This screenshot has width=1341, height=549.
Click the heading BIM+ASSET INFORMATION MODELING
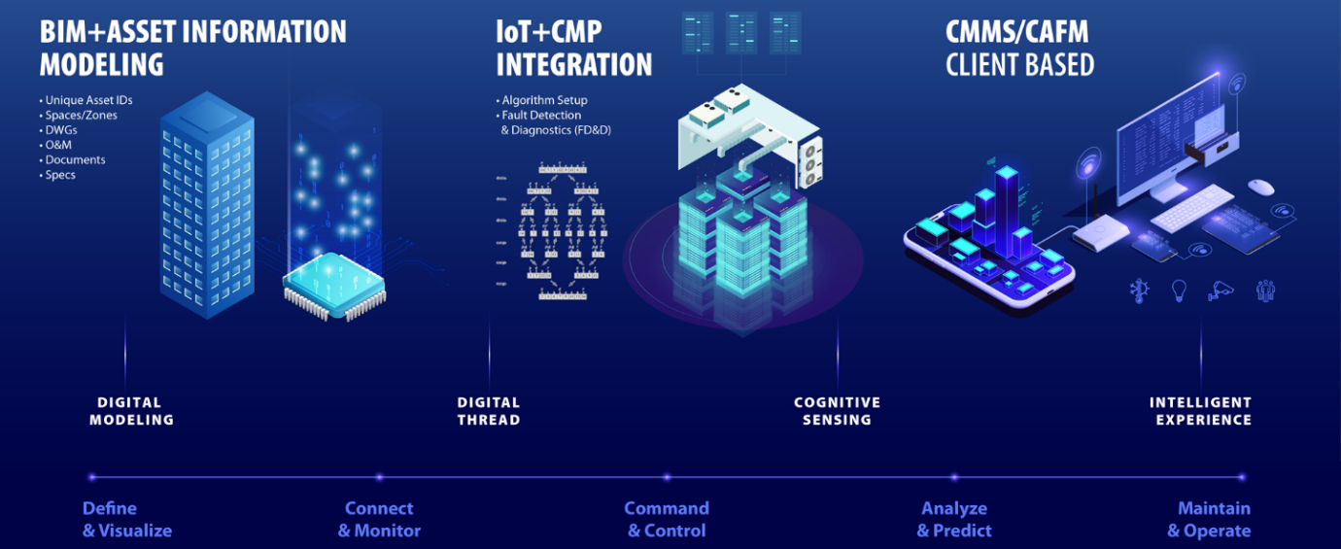[192, 48]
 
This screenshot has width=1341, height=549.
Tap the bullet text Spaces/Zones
[81, 115]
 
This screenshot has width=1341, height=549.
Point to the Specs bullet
[59, 175]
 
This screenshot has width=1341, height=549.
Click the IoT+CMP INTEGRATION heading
[573, 48]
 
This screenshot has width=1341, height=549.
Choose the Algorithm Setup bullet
[544, 100]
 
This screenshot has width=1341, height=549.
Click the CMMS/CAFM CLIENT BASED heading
[1019, 48]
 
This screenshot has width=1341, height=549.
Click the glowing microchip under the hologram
[334, 284]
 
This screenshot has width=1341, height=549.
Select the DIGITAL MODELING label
[131, 411]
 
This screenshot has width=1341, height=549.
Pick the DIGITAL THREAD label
[489, 411]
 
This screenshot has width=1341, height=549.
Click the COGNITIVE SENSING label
[837, 411]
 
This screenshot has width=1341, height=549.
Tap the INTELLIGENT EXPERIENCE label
[1200, 411]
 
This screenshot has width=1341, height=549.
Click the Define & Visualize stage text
[126, 520]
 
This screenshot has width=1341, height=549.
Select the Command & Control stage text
[667, 520]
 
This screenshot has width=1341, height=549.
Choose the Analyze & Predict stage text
[954, 520]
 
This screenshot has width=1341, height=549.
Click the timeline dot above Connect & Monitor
[379, 477]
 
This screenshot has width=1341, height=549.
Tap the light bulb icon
[1179, 290]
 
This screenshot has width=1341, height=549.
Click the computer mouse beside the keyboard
[1260, 187]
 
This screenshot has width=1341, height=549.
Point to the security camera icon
[1221, 290]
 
